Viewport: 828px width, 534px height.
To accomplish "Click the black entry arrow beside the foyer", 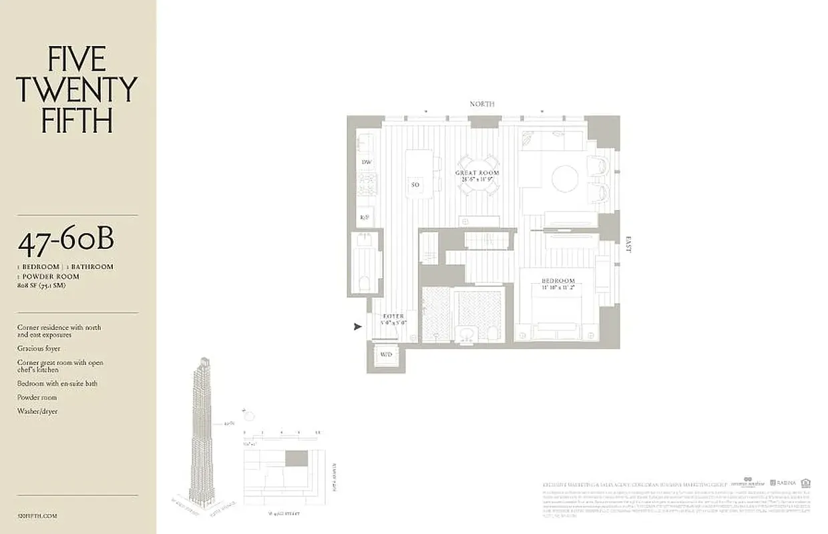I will coord(358,326).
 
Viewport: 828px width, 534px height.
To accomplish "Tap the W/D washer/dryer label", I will coord(386,354).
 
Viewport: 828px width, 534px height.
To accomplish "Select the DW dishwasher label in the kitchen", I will coord(366,162).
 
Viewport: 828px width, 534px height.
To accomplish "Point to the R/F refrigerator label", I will coord(365,217).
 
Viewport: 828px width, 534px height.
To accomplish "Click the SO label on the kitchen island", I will coord(415,184).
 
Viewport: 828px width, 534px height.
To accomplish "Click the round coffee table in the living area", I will coord(565,179).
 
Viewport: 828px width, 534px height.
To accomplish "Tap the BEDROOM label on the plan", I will coord(558,281).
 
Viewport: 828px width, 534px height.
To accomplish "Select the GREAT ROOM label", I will coord(477,173).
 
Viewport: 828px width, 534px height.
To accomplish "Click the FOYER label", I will coord(393,316).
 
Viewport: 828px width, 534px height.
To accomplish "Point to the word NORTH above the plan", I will coord(482,104).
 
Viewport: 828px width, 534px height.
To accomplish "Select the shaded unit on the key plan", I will coord(296,459).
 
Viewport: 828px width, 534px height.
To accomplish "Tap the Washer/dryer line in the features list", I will coord(37,411).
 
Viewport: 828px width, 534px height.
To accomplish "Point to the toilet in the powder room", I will coord(365,283).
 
